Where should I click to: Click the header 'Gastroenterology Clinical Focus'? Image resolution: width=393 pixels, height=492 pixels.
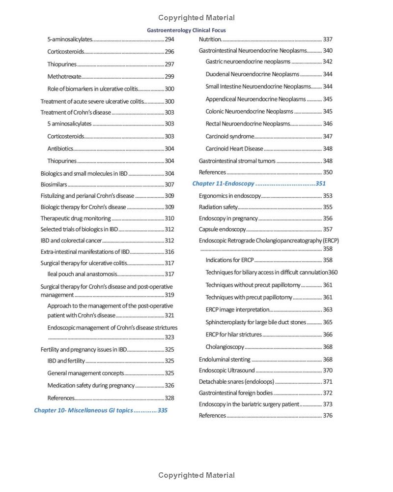(x=186, y=30)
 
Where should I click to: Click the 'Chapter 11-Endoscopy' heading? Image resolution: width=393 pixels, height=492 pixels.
(x=223, y=184)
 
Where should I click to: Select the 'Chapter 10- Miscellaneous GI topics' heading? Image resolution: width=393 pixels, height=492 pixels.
(x=83, y=410)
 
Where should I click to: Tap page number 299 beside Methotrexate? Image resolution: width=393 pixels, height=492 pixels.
(x=169, y=76)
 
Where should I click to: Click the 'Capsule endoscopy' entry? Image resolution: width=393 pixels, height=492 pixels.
(x=222, y=229)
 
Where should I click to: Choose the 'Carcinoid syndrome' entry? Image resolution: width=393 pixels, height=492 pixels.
(x=230, y=136)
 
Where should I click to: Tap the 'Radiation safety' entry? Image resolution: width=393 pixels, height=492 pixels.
(x=218, y=207)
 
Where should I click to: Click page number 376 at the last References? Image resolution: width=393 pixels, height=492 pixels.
(x=328, y=416)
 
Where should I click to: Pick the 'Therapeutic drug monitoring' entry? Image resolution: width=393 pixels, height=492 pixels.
(x=76, y=218)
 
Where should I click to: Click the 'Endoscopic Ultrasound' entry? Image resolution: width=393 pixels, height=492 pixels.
(x=226, y=370)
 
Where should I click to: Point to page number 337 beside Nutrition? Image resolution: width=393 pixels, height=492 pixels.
(x=328, y=39)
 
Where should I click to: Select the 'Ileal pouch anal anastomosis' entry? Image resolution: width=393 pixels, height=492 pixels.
(x=82, y=274)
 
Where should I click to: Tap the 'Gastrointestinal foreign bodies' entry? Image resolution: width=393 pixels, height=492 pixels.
(x=236, y=393)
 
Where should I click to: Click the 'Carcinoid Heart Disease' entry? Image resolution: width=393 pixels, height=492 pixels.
(x=234, y=149)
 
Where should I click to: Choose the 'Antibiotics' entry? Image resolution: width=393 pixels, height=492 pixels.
(x=60, y=149)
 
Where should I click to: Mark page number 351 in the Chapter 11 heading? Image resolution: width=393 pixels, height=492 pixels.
(x=321, y=184)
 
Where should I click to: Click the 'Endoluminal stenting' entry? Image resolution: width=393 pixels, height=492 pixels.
(x=225, y=360)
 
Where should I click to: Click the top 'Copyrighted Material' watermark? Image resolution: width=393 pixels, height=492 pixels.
(x=196, y=18)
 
